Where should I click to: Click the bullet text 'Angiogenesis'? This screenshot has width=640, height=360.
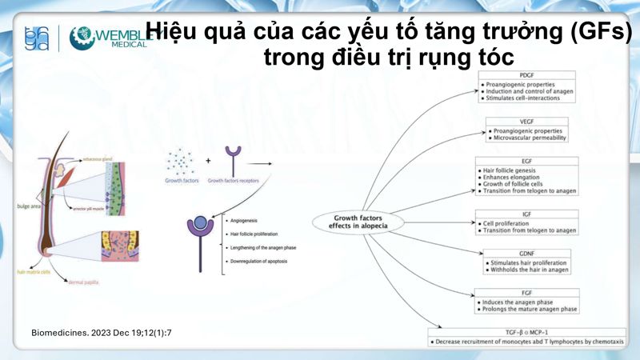242,218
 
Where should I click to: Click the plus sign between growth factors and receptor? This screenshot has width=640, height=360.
209,161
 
